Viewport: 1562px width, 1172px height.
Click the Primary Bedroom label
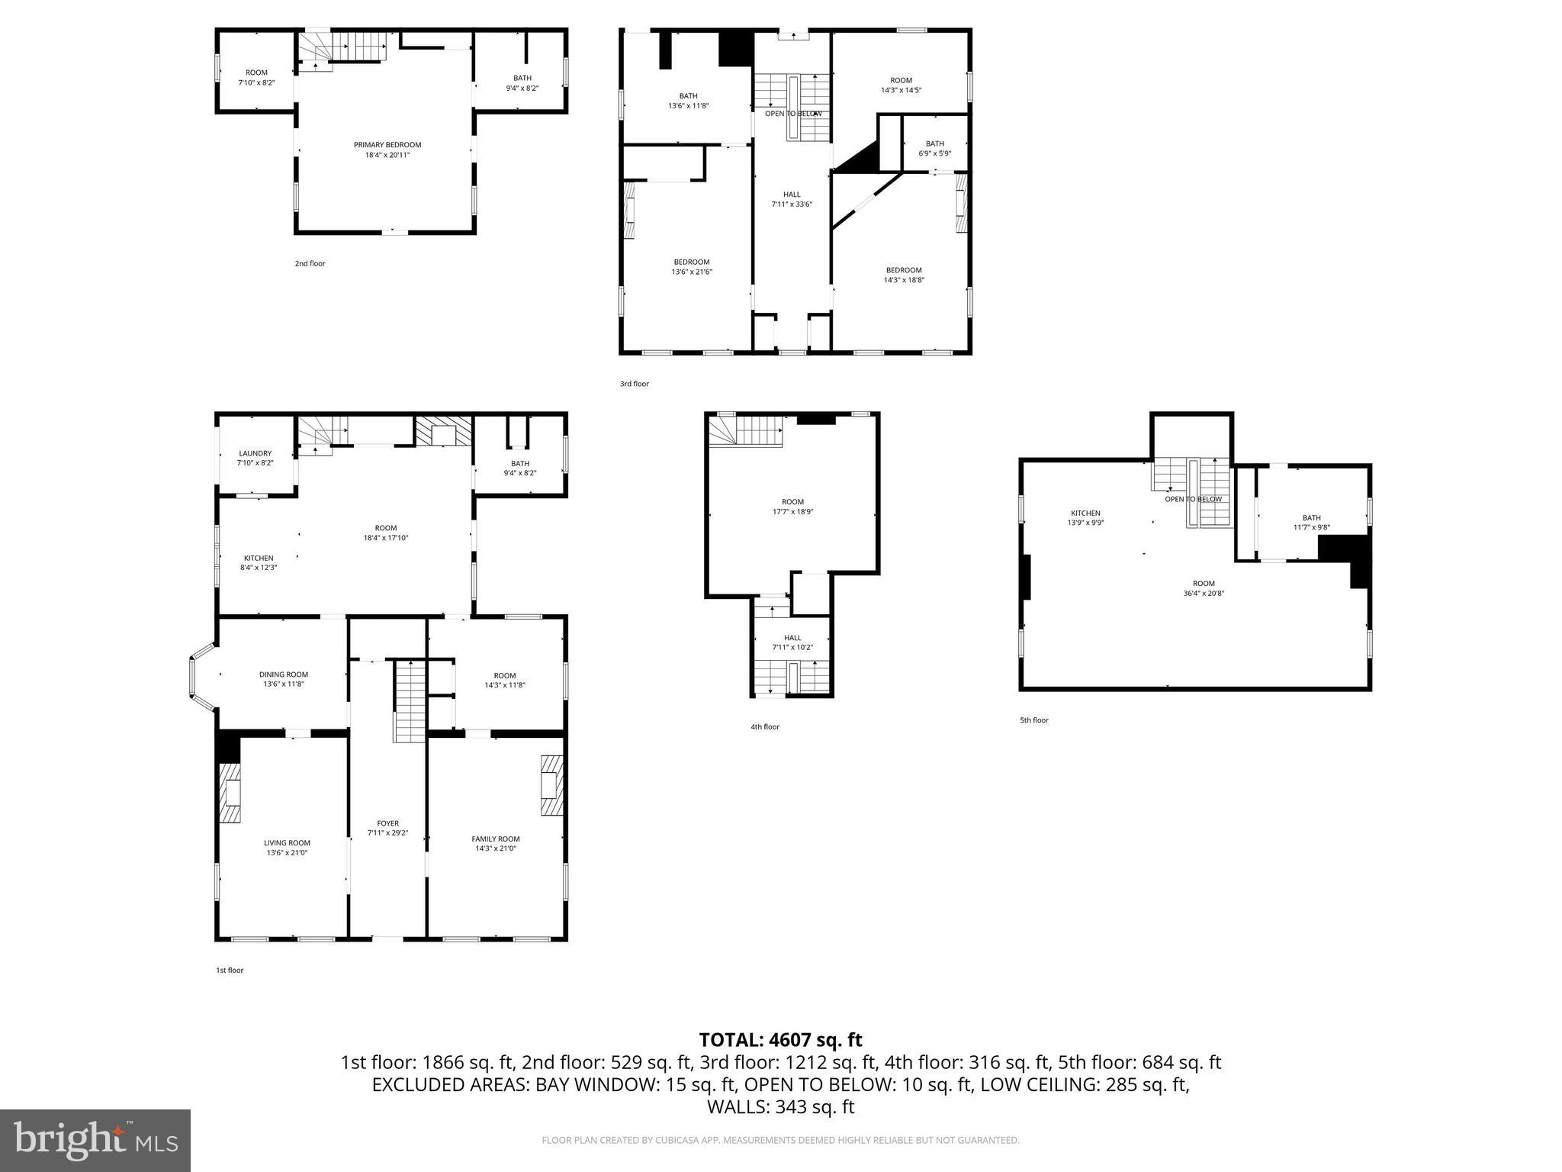click(x=387, y=145)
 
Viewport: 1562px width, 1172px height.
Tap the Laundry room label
click(x=255, y=453)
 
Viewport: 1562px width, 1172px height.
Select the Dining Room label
click(x=284, y=675)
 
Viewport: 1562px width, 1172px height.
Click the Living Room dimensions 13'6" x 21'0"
click(x=287, y=853)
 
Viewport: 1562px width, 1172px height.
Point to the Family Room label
click(x=496, y=839)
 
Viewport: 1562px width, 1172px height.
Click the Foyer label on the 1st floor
click(x=387, y=823)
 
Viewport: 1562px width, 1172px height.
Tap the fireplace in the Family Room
click(x=551, y=785)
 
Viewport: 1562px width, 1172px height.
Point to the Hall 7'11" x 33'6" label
click(x=792, y=195)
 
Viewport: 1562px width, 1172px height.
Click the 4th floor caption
click(x=764, y=727)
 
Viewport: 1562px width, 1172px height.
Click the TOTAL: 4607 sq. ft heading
click(x=780, y=1039)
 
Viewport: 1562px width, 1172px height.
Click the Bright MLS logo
click(x=95, y=1141)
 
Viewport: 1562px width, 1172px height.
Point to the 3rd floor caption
click(x=634, y=384)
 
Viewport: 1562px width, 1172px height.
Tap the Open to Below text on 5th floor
click(x=1193, y=499)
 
